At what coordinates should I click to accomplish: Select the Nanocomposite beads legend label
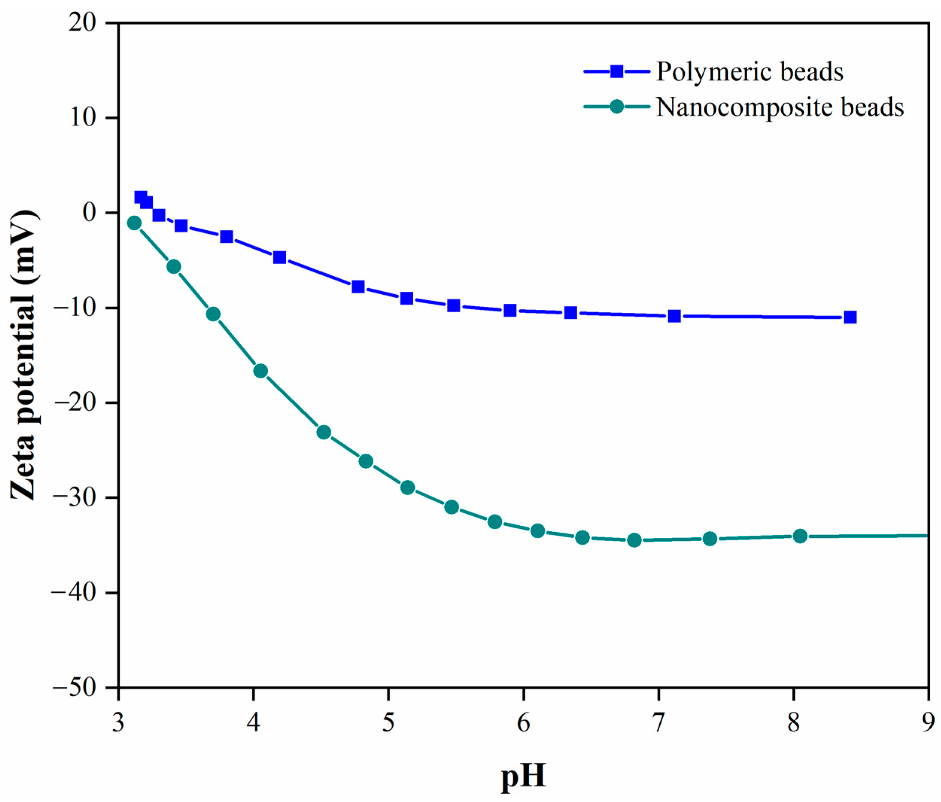(780, 107)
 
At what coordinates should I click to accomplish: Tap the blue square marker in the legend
(617, 72)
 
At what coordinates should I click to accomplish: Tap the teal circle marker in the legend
(617, 107)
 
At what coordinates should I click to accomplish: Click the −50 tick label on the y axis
(74, 688)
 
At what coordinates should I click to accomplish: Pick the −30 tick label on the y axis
(74, 498)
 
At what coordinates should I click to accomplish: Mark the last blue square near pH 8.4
(850, 317)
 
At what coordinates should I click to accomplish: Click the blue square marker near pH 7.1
(674, 316)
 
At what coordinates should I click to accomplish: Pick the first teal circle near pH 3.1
(134, 223)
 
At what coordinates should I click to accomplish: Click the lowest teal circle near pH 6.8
(634, 540)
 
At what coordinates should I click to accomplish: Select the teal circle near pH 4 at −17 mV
(260, 371)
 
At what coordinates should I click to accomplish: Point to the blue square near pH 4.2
(279, 257)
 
